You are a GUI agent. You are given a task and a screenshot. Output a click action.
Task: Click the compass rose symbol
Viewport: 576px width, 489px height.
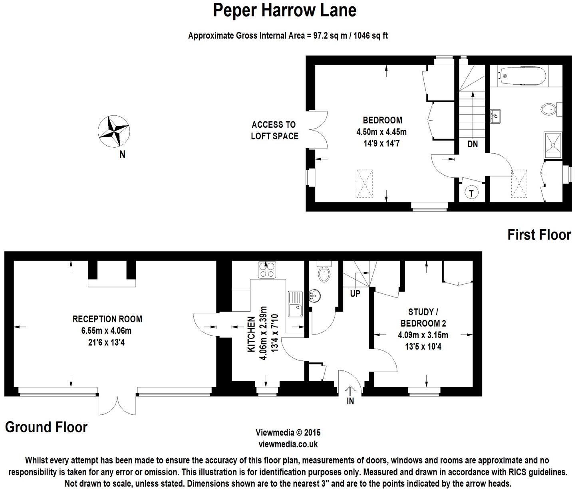click(113, 131)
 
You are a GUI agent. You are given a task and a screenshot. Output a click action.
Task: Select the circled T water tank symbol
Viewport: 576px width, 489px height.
click(472, 193)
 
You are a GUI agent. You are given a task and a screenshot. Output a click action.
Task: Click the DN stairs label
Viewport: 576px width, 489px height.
click(473, 144)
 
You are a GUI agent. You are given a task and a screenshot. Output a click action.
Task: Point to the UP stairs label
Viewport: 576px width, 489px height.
click(355, 294)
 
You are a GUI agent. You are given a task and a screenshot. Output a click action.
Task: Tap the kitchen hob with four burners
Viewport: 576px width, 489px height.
click(267, 269)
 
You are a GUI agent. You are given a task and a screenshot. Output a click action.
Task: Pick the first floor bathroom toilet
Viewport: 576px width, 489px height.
click(550, 109)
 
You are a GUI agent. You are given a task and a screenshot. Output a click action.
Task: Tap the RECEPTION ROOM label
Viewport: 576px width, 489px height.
click(107, 319)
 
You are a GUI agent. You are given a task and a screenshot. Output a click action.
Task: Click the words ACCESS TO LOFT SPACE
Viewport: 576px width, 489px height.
click(274, 131)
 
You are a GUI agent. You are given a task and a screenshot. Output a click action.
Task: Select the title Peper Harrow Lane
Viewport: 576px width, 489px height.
click(284, 10)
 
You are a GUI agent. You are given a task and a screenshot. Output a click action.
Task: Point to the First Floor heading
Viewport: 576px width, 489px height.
click(539, 235)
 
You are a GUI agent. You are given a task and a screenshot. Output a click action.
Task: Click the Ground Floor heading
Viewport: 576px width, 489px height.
click(46, 427)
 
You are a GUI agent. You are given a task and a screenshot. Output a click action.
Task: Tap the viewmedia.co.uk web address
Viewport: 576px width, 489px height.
click(288, 443)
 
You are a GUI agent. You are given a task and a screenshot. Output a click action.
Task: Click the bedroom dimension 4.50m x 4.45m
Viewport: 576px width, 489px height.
click(381, 132)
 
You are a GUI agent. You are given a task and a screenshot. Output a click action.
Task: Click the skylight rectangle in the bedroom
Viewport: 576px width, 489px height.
click(364, 183)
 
